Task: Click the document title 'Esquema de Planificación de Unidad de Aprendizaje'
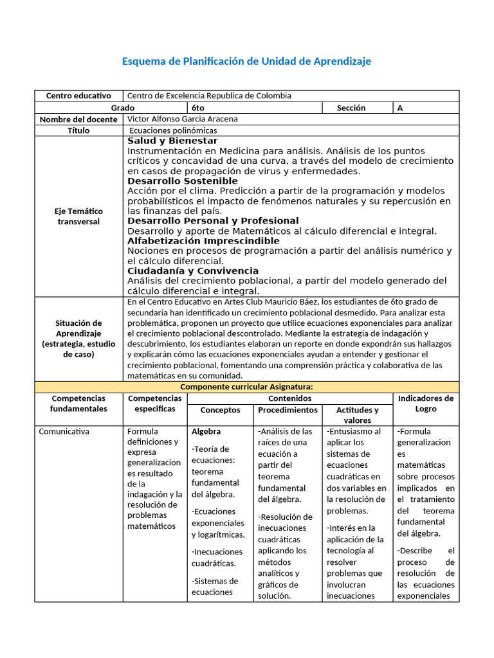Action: pos(246,61)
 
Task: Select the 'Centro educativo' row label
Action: pos(78,96)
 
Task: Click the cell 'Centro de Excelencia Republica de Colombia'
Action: pos(209,96)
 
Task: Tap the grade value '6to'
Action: pos(197,108)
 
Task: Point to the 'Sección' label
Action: pos(351,108)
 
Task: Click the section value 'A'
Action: pos(400,108)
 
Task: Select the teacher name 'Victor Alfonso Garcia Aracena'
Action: pos(183,119)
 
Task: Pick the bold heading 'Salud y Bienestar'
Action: pos(172,141)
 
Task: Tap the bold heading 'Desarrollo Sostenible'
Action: pos(183,181)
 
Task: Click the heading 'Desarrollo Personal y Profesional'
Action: pos(213,221)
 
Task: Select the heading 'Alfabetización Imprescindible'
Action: pos(203,241)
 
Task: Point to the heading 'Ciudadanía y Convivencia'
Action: pos(193,271)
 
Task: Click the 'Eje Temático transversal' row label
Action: pos(78,216)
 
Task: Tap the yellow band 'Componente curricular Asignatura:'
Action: pos(246,387)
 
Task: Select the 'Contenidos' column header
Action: pos(289,398)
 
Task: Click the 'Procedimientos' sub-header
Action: pos(288,410)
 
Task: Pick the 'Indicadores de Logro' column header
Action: pos(425,404)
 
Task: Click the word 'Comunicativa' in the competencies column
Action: pos(64,432)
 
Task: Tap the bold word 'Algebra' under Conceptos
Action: pos(206,432)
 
